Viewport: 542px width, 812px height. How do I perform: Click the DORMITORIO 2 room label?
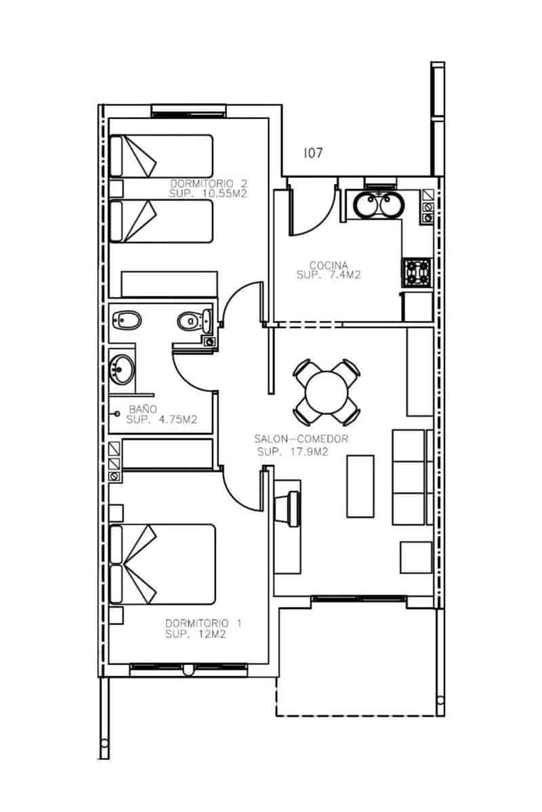click(207, 183)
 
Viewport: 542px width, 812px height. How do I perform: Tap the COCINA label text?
click(329, 265)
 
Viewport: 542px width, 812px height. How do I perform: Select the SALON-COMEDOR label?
click(301, 439)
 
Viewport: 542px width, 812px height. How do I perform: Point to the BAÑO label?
click(143, 409)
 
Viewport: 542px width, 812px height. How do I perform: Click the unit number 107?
click(312, 154)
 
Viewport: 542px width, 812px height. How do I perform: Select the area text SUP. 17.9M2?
click(293, 452)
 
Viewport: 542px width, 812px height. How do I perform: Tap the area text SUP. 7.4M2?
click(328, 275)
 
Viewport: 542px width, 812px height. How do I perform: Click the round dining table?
click(327, 391)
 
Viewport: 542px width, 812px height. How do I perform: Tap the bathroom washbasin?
click(123, 369)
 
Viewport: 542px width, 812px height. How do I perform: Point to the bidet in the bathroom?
click(126, 319)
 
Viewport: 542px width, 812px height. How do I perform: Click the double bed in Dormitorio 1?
click(163, 564)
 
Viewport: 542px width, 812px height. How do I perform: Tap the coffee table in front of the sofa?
click(360, 486)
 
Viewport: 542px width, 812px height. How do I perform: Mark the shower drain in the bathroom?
click(117, 412)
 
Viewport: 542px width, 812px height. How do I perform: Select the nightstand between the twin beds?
click(117, 187)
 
